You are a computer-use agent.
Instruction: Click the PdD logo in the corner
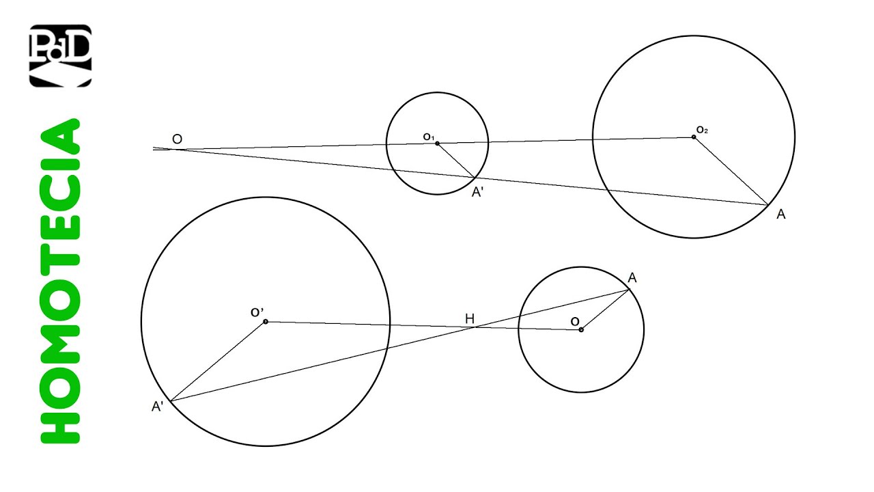click(60, 56)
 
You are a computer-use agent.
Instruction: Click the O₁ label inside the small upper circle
click(428, 137)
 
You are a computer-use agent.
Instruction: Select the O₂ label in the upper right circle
click(702, 129)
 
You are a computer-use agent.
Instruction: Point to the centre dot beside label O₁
click(438, 143)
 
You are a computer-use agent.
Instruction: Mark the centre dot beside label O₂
click(694, 137)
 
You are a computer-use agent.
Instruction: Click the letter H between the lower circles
click(470, 318)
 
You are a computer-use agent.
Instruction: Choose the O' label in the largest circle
click(257, 312)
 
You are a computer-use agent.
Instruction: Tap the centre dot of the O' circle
click(266, 322)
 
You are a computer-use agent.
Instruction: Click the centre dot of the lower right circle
click(581, 330)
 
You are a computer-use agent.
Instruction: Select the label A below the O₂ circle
click(781, 215)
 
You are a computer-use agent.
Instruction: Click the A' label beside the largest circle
click(157, 407)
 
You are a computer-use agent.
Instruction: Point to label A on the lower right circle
click(632, 277)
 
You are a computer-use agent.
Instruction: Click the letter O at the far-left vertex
click(177, 139)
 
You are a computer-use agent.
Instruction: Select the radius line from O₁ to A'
click(456, 161)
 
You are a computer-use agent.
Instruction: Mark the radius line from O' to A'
click(218, 361)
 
